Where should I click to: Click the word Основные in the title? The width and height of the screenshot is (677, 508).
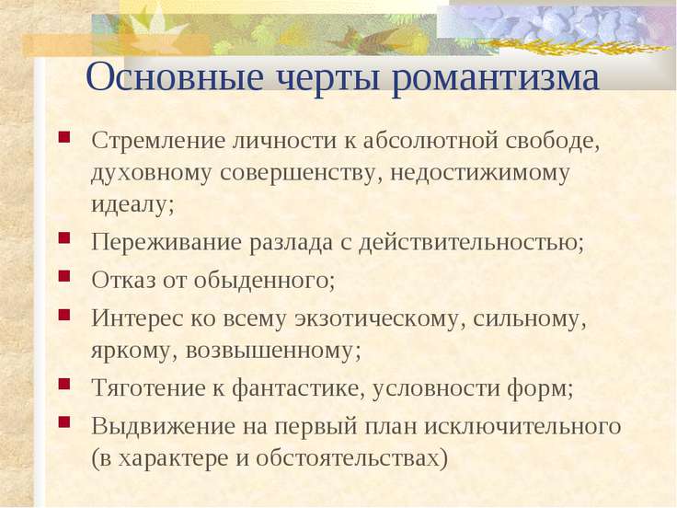[175, 77]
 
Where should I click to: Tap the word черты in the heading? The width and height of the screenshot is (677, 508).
[328, 78]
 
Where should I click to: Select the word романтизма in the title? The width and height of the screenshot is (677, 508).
[496, 80]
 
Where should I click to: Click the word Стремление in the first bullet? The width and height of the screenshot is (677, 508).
[158, 141]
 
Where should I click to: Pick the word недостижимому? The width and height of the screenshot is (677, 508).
[480, 174]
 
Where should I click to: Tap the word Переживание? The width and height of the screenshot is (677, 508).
[166, 242]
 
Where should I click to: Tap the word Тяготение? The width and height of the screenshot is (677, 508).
[149, 387]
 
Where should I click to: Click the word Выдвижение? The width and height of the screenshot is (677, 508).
[164, 426]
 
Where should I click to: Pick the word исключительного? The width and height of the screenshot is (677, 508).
[522, 427]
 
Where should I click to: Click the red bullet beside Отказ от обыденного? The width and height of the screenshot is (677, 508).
[63, 276]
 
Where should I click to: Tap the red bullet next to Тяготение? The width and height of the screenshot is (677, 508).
[63, 384]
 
